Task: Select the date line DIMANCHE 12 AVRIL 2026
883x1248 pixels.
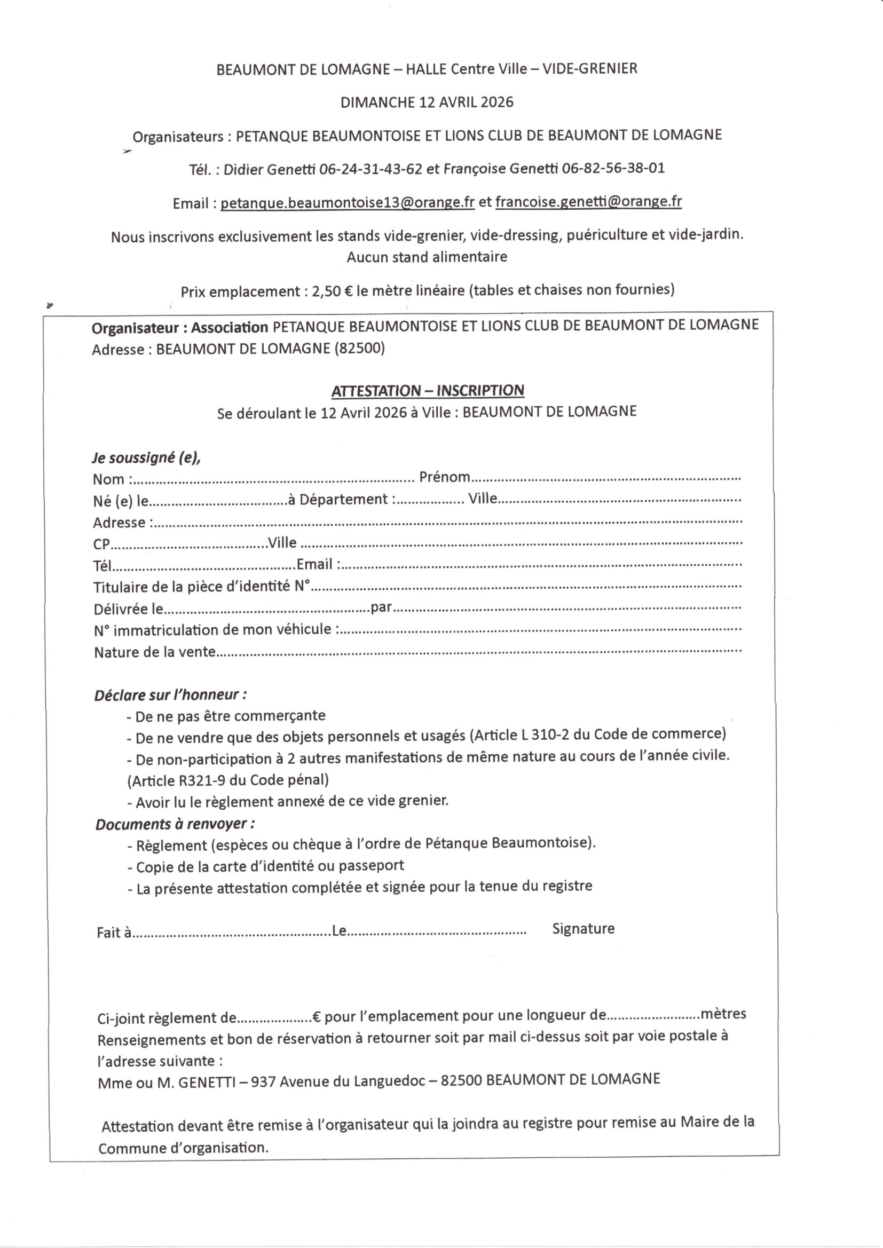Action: click(x=427, y=102)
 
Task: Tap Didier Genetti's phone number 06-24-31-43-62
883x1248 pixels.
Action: click(x=370, y=169)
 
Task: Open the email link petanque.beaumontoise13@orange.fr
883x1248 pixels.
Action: click(x=348, y=203)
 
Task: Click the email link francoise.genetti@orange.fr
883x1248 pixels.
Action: click(x=588, y=202)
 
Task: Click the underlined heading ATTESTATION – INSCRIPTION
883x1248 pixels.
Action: click(x=428, y=390)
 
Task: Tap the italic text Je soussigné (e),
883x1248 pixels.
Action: click(x=146, y=457)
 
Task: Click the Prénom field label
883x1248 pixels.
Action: click(x=444, y=477)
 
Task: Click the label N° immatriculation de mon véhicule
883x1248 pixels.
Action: click(x=212, y=630)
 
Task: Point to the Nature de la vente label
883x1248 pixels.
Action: click(x=155, y=652)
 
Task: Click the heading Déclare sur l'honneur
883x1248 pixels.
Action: click(x=170, y=695)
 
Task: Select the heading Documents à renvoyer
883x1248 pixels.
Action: click(x=175, y=824)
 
